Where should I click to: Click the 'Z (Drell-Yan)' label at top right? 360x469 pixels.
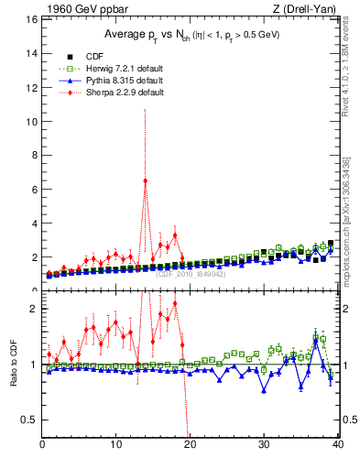[307, 10]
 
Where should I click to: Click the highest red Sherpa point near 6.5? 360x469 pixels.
[146, 180]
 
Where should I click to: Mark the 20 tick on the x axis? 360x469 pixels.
[190, 445]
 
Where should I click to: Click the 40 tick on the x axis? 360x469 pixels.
[337, 445]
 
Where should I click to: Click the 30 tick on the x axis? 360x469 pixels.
[264, 445]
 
